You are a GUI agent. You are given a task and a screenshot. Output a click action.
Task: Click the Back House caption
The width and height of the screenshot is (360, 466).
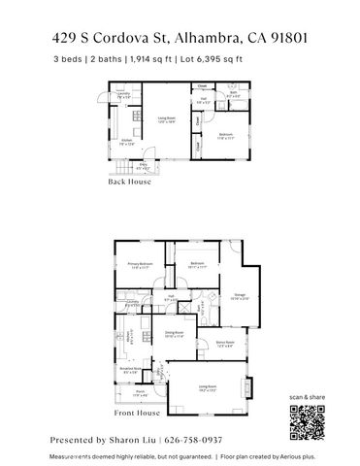click(x=129, y=182)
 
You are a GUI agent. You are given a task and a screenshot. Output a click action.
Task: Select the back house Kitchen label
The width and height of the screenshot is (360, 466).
click(x=125, y=142)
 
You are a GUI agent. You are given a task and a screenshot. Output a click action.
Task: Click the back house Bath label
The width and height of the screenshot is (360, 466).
click(x=233, y=96)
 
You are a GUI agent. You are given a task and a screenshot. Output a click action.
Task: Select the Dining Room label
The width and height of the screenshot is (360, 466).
click(x=175, y=334)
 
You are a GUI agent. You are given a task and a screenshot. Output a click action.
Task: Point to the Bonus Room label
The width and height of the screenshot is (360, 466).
click(x=225, y=344)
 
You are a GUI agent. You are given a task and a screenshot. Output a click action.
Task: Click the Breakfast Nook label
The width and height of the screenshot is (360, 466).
click(x=127, y=370)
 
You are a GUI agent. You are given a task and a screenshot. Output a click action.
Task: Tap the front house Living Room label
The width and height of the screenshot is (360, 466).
click(x=207, y=388)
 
